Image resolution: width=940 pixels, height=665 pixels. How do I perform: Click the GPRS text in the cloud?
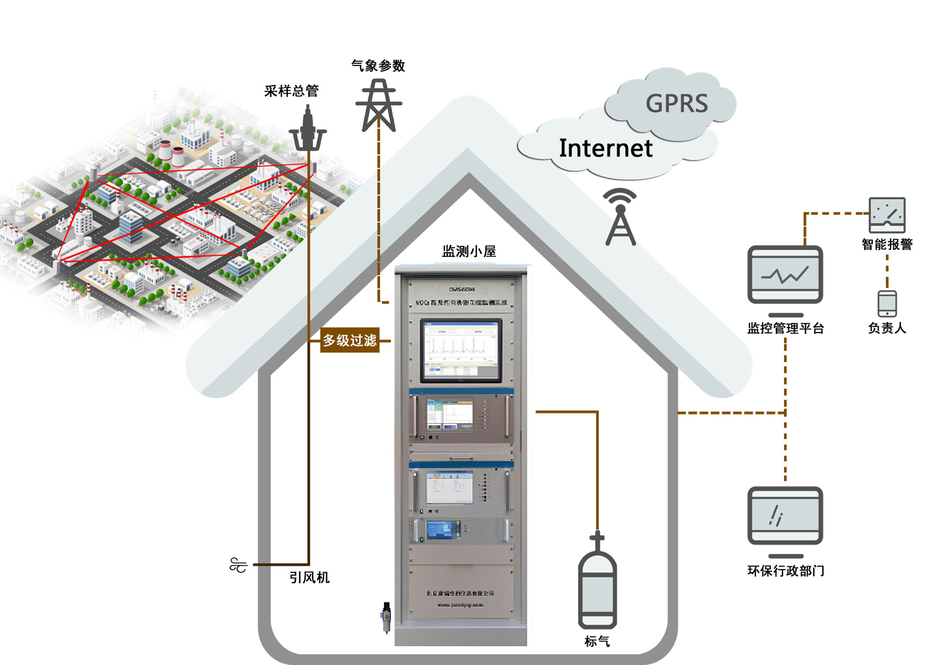[x=676, y=104]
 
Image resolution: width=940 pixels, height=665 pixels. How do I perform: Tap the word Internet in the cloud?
[x=605, y=148]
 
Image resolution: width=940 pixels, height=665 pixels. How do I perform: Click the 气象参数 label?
[x=378, y=66]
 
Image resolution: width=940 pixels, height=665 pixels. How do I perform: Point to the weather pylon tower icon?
[x=379, y=106]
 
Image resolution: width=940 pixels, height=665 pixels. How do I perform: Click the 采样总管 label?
[x=291, y=91]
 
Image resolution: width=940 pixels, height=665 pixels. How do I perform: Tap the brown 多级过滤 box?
[x=350, y=341]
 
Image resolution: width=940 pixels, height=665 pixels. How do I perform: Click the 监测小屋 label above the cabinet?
[x=469, y=251]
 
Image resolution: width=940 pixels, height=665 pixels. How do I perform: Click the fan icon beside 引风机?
[x=238, y=565]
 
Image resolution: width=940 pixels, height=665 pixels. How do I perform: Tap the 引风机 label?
[x=309, y=578]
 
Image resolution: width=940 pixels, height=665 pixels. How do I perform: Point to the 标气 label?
[x=597, y=641]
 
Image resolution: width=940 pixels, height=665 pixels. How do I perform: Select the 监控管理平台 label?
[x=785, y=328]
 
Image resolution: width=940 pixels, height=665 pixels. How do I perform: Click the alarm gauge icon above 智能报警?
[x=887, y=215]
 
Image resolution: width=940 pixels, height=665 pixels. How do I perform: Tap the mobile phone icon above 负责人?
[x=887, y=304]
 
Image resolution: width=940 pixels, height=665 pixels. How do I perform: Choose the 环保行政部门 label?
[x=785, y=571]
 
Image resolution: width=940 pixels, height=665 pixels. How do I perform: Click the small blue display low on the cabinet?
[x=443, y=529]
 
